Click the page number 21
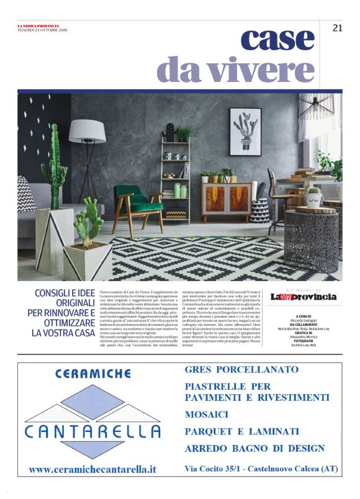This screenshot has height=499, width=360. (x=337, y=28)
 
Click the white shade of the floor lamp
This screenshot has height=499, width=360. (x=87, y=130)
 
